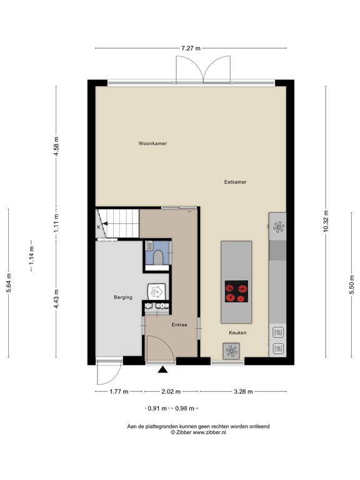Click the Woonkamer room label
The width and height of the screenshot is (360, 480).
point(152,143)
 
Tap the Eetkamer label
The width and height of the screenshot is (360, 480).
point(235,182)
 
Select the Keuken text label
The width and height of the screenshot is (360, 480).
point(237,333)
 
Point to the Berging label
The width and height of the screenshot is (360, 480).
point(123,297)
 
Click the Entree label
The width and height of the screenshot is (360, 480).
point(180,325)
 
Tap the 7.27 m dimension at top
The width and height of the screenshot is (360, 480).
point(191,47)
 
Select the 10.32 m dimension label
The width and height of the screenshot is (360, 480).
point(326,220)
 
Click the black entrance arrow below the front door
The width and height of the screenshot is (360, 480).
point(163,370)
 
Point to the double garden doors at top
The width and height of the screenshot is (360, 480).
point(199,69)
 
